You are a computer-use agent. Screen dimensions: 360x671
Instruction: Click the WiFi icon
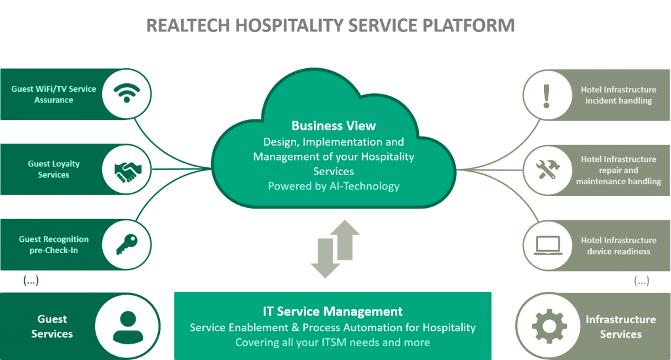(127, 94)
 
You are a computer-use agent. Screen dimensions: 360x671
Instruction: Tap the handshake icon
(127, 170)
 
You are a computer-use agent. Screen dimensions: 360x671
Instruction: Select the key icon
(127, 245)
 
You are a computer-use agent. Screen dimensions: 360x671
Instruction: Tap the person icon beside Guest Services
(128, 326)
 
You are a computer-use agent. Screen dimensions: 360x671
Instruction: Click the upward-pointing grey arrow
(345, 238)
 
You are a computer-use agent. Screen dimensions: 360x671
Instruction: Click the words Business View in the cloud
(334, 125)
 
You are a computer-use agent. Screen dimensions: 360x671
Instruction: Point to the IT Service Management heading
(333, 311)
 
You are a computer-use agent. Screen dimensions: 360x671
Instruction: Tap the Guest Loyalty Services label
(54, 169)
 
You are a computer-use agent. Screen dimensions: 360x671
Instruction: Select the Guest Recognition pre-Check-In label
(54, 245)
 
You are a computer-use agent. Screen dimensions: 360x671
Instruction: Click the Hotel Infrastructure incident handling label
(618, 95)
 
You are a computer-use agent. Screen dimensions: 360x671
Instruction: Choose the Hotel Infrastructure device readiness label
(618, 245)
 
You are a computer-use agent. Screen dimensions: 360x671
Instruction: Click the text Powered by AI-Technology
(334, 186)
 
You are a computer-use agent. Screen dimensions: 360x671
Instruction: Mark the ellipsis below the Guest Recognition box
(31, 281)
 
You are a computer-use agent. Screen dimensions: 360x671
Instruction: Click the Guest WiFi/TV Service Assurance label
(54, 94)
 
